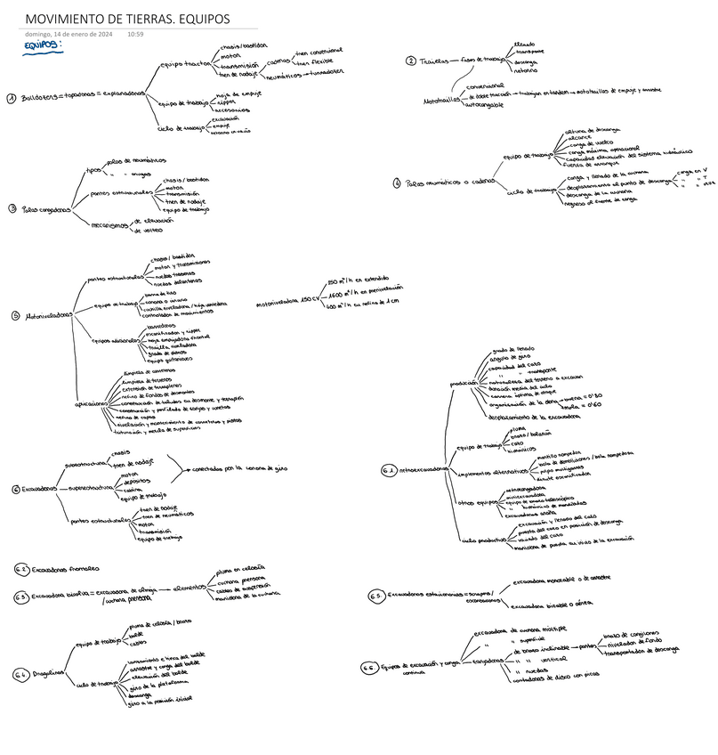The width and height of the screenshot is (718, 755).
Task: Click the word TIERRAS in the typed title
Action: [154, 20]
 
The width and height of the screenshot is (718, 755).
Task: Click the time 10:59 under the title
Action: [135, 34]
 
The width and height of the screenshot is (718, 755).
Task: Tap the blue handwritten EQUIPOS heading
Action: [44, 46]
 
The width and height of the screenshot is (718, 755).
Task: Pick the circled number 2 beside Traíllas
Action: [410, 61]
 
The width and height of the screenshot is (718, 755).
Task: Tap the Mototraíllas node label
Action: [441, 99]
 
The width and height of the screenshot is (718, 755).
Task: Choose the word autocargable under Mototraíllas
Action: [484, 105]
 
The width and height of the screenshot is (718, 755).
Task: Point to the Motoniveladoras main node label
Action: [48, 314]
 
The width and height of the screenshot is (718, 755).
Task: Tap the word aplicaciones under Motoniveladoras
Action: [92, 402]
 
